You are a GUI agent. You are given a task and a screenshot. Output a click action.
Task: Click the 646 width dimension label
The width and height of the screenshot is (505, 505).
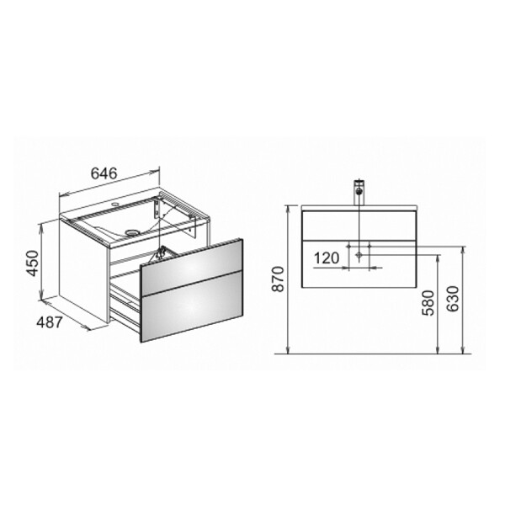(x=104, y=173)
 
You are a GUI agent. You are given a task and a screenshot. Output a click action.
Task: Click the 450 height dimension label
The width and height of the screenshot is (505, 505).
(x=33, y=263)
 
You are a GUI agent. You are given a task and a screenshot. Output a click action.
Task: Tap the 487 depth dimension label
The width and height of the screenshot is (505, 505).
(x=49, y=322)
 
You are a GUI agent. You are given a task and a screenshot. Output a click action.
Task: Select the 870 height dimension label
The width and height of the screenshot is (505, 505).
(x=278, y=279)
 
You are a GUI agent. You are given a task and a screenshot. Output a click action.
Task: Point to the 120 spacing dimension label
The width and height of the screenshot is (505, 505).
(x=327, y=258)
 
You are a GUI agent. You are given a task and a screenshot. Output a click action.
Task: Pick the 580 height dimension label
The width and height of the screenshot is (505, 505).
(x=428, y=303)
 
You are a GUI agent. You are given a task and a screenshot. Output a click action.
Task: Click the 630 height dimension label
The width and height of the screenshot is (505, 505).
(x=453, y=299)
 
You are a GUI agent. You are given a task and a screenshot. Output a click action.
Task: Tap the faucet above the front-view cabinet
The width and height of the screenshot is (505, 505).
(x=359, y=192)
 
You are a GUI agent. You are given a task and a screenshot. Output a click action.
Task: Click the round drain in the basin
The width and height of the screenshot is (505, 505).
(x=131, y=231)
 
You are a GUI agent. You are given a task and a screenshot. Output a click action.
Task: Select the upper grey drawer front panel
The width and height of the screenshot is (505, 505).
(x=192, y=263)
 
